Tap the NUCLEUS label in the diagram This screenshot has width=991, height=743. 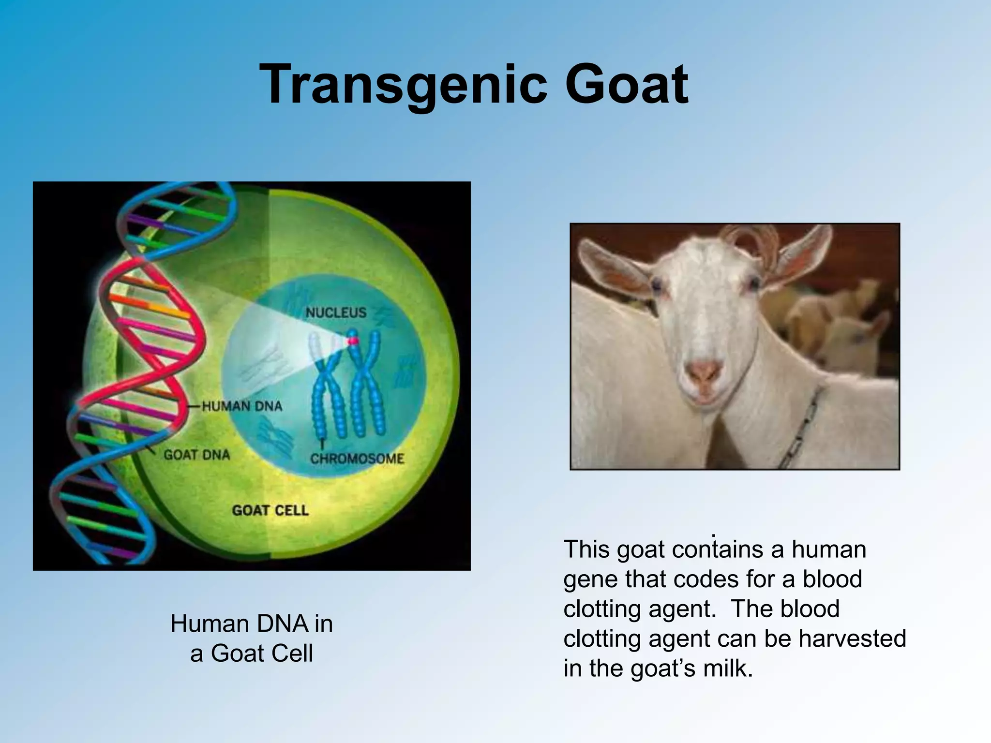click(x=336, y=313)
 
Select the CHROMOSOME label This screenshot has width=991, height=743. click(x=357, y=458)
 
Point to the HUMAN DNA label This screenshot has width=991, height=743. click(x=241, y=406)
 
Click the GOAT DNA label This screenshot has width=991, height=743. click(x=196, y=455)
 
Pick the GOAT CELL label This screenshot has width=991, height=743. click(x=270, y=510)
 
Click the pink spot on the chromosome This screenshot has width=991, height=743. click(x=353, y=341)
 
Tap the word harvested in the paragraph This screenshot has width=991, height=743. click(x=852, y=639)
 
